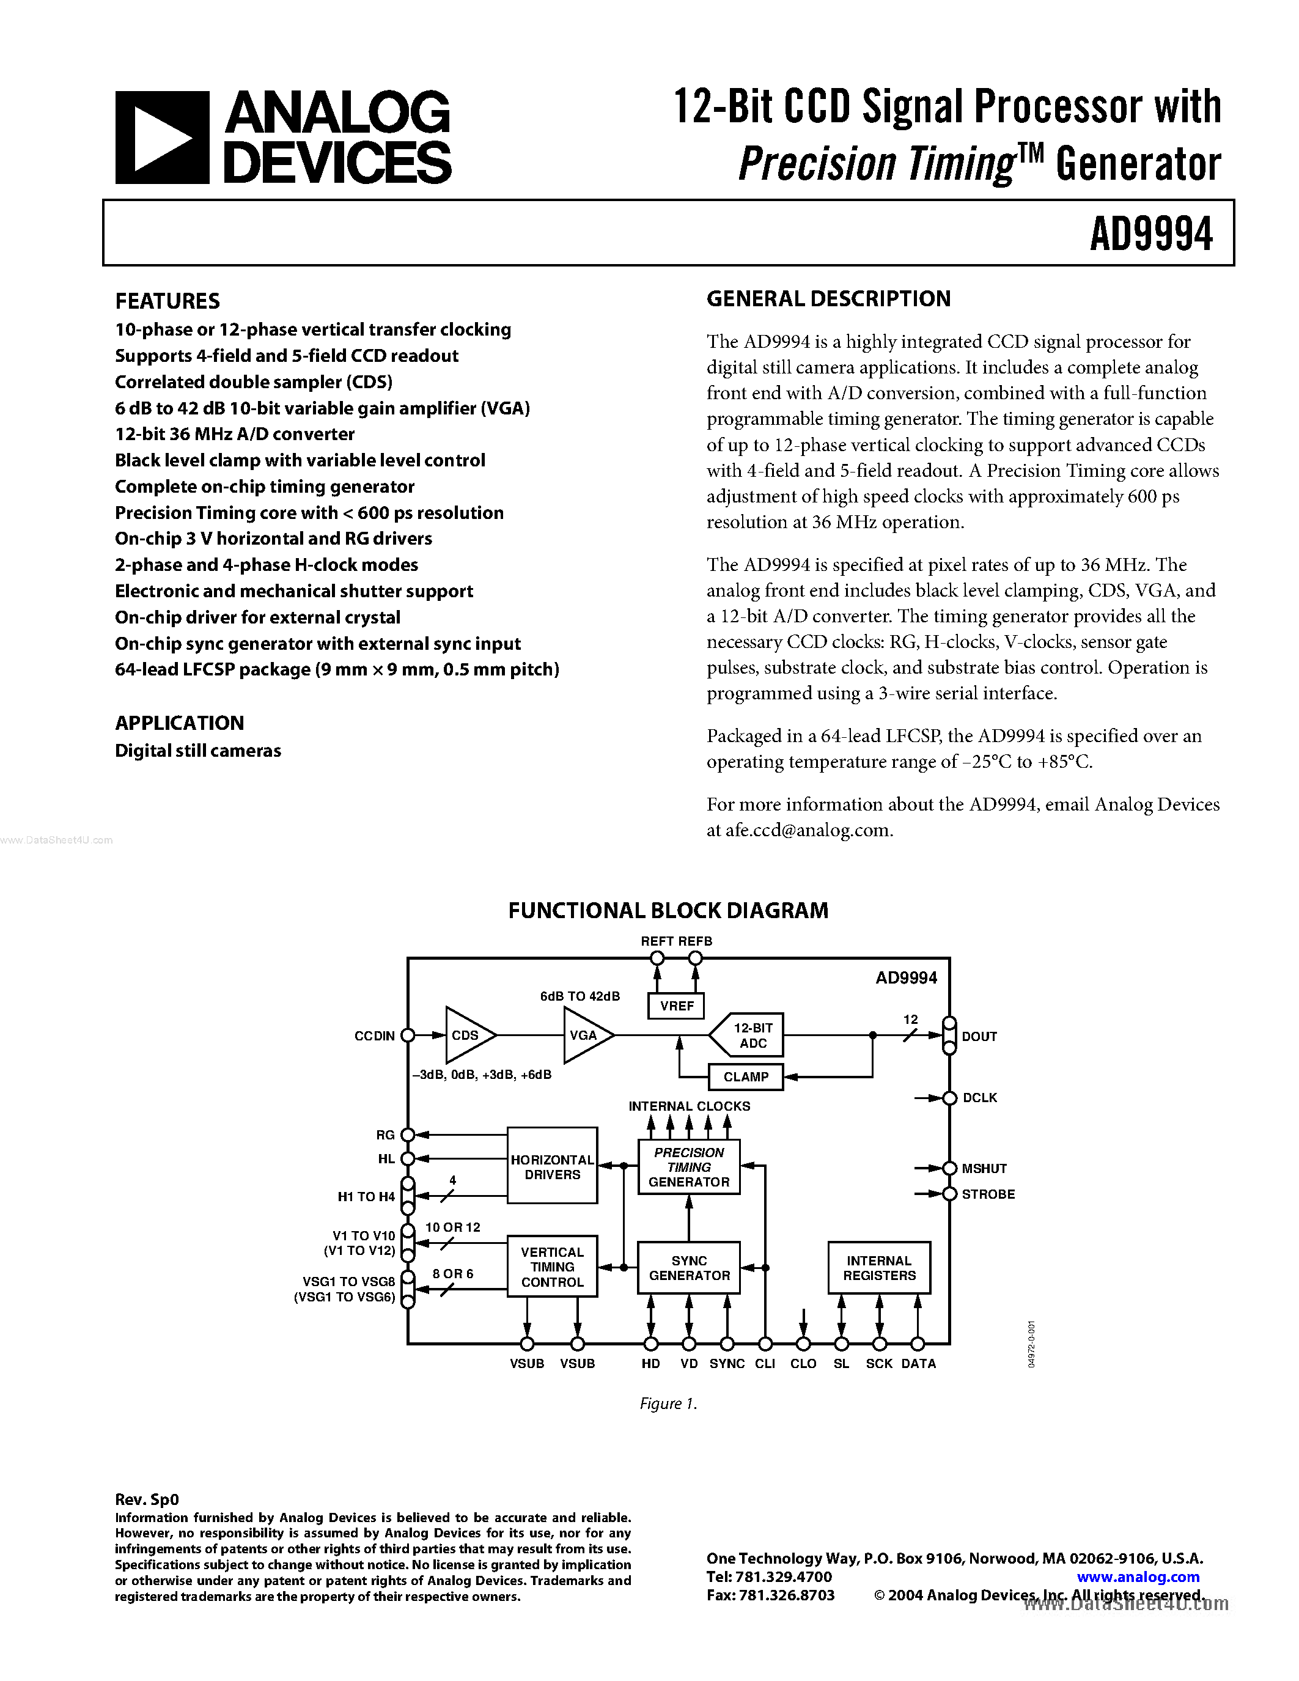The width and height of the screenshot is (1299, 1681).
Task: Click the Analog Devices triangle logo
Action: pos(161,138)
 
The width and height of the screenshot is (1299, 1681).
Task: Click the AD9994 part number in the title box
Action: pos(1150,234)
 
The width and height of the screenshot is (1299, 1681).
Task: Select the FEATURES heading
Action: pos(167,301)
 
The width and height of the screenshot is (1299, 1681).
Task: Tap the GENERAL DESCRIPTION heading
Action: pos(828,299)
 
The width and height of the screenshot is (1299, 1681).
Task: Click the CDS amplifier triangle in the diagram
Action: pos(467,1035)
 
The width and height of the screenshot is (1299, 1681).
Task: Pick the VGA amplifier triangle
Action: pos(586,1035)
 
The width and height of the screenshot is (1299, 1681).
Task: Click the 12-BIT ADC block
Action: pos(749,1035)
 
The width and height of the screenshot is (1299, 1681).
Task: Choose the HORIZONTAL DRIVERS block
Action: pos(552,1167)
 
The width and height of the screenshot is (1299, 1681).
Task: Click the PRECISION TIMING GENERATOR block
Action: pos(689,1167)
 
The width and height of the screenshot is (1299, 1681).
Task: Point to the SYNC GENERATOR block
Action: pos(689,1268)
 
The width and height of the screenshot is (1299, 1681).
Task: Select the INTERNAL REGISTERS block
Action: pos(879,1268)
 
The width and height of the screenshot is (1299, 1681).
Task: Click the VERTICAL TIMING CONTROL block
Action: pos(552,1267)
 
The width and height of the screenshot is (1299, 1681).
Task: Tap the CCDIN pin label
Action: pos(374,1036)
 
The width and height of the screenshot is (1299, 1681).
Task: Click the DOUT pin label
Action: pos(979,1037)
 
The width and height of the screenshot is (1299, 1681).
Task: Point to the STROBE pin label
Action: pos(988,1194)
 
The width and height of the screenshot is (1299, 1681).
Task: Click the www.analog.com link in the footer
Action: pos(1138,1577)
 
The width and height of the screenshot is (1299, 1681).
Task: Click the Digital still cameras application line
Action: pos(198,751)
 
